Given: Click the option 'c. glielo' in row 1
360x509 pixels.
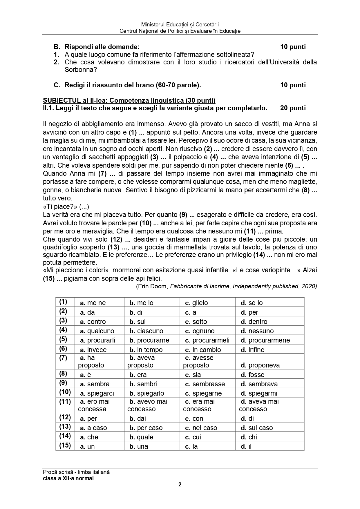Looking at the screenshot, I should point(196,303).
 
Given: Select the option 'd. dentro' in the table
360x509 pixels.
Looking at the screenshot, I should point(254,322).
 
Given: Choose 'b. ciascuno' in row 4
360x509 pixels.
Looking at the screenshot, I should point(146,331).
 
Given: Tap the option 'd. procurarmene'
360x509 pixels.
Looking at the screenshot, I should point(265,340).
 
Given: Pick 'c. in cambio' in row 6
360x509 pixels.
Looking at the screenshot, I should point(203,350).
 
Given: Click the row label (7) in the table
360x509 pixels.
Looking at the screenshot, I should point(63,358).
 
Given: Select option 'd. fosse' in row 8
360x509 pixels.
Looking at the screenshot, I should point(252,375).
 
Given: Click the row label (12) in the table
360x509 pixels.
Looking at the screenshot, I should point(65,417).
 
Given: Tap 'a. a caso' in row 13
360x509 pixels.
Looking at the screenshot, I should point(93,428).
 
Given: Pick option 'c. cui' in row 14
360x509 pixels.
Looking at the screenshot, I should point(193,437).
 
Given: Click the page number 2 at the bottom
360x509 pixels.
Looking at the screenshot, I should point(180,484).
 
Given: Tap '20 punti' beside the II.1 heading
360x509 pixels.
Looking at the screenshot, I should point(293,108).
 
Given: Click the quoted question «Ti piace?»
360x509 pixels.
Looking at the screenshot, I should point(59,207).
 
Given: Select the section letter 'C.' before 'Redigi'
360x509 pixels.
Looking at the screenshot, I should point(57,85).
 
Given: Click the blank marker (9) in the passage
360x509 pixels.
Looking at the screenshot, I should point(183,215).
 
